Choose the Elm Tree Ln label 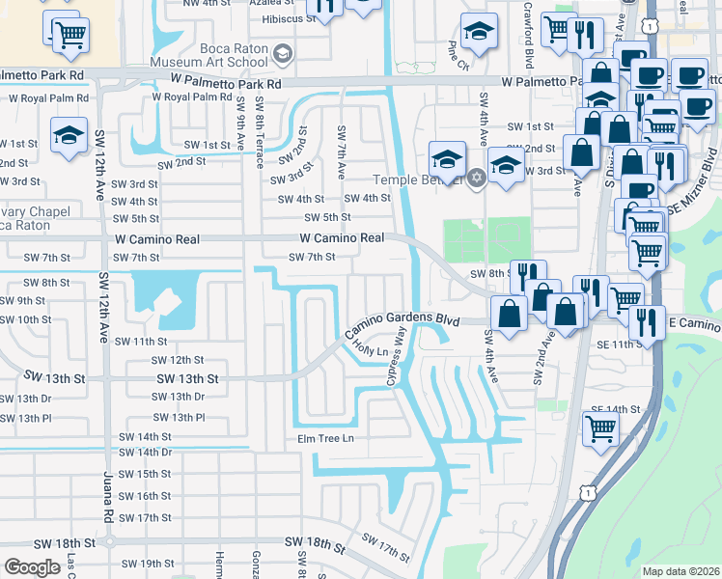tap(325, 439)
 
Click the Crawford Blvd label tap(528, 46)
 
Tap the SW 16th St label tap(140, 496)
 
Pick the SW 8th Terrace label tap(260, 125)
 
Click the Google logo tap(32, 567)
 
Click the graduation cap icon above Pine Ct tap(478, 33)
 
